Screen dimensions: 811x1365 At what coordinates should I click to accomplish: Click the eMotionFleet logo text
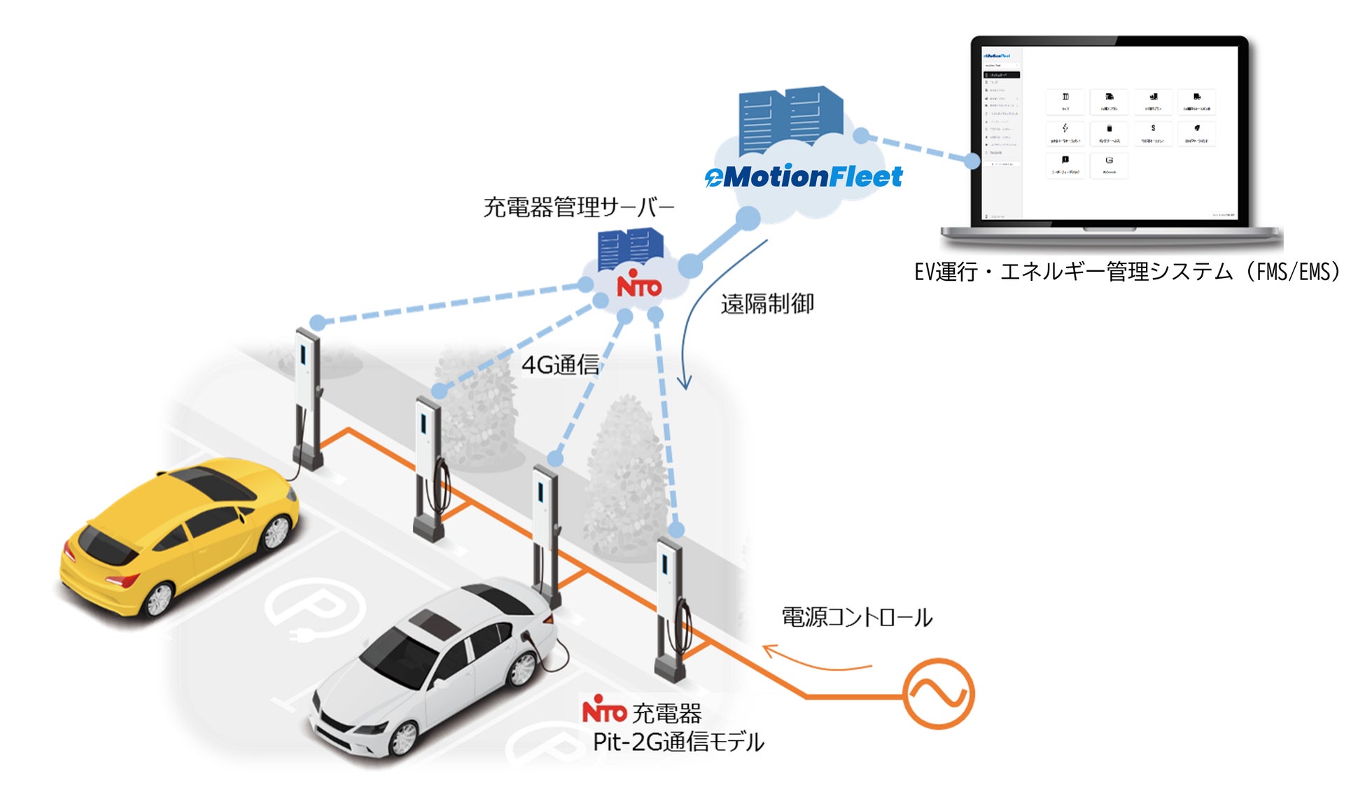click(x=804, y=177)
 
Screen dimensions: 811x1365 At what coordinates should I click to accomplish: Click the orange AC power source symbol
click(x=938, y=694)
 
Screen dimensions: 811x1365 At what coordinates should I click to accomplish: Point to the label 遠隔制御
click(x=767, y=304)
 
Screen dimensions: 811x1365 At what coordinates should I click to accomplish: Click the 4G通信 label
click(x=560, y=365)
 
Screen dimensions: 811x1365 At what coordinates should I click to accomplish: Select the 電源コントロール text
click(x=857, y=618)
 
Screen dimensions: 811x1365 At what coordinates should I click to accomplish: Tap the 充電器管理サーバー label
click(x=579, y=207)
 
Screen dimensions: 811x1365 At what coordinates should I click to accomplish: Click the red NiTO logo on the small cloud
click(x=638, y=286)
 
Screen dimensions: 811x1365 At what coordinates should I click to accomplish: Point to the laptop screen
click(x=1109, y=133)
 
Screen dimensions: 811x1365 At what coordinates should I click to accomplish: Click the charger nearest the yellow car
click(x=308, y=399)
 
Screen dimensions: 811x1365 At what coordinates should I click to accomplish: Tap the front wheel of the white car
click(x=404, y=738)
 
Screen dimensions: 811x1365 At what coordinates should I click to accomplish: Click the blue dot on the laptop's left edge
click(x=972, y=161)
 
